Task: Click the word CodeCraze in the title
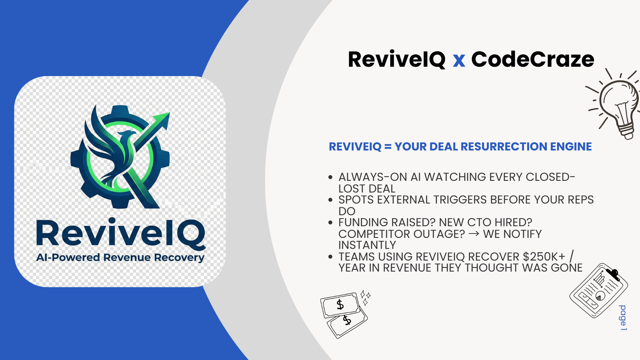533,59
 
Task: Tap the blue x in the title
459,61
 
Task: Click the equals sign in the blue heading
388,146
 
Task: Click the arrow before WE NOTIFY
474,234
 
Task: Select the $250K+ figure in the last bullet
544,257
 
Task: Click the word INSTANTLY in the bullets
367,245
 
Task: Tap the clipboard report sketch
599,290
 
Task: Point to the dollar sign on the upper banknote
340,304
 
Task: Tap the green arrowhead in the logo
162,120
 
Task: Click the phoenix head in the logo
125,135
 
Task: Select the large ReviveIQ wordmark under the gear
121,234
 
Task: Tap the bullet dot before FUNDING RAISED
331,223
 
